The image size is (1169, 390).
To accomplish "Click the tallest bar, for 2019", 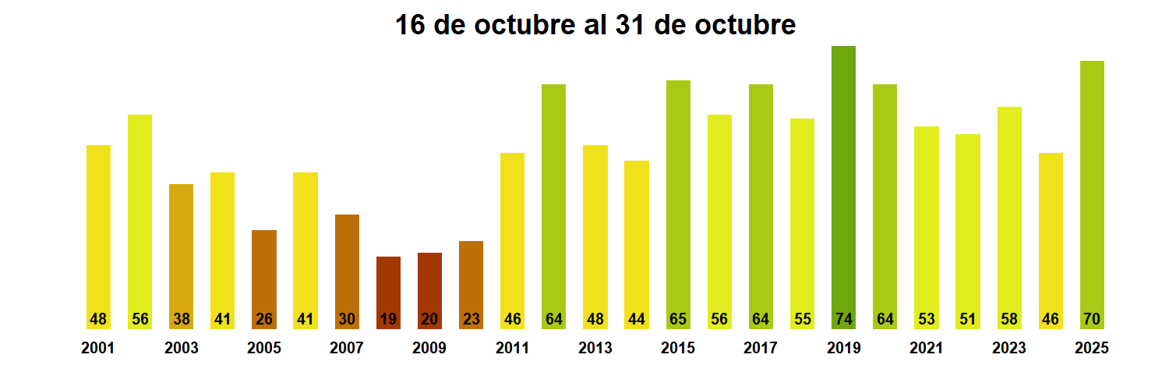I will pos(843,179).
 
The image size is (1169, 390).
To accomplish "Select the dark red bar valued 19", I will pos(388,285).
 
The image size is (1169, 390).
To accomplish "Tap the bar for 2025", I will pos(1092,187).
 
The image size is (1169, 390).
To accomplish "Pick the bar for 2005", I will pos(264,273).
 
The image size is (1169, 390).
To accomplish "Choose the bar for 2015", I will pos(678,195).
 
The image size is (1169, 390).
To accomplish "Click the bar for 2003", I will pos(181,250).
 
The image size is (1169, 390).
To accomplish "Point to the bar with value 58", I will pos(1009,211).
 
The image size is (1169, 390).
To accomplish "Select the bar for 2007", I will pos(347,265).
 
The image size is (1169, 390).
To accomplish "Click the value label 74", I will pos(843,319).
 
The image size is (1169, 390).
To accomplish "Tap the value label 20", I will pos(429,319).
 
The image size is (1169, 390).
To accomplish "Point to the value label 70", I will pos(1092,319).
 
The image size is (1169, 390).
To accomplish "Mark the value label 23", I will pos(471,319).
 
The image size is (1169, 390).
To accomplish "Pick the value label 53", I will pos(926,319).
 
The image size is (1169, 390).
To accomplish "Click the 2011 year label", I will pos(512,349).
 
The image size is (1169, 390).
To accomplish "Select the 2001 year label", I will pos(98,349).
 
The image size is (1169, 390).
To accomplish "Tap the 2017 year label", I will pos(761,349).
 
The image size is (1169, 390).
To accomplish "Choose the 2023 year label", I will pos(1009,349).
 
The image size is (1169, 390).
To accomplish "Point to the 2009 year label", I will pos(429,349).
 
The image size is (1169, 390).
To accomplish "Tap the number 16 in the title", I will pos(411,25).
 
